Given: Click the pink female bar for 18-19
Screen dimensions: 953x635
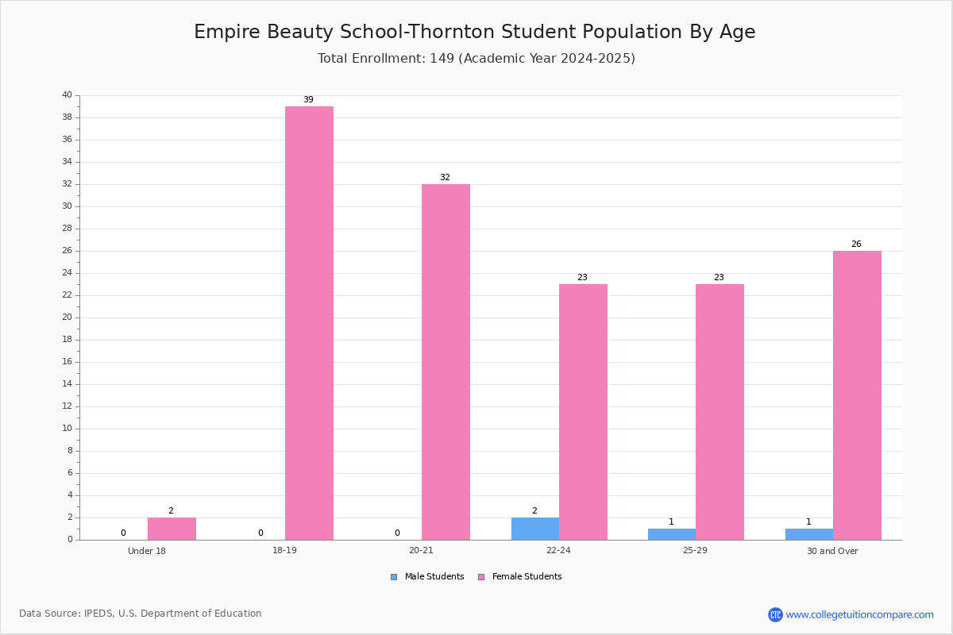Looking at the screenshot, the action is tap(309, 323).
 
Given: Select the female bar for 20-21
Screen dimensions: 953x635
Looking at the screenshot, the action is tap(446, 362).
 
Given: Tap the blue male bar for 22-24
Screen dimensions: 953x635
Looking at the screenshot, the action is tap(535, 529).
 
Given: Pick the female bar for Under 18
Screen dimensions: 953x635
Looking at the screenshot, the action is tap(172, 529).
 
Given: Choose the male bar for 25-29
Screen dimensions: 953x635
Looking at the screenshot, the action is tap(672, 534).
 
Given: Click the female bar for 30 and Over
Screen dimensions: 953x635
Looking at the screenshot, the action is tap(857, 395).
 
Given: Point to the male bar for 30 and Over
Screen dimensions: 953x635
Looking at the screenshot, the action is tap(809, 534).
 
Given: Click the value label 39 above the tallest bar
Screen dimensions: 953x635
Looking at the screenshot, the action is tap(308, 99).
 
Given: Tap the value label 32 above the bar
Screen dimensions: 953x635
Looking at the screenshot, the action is tap(445, 177).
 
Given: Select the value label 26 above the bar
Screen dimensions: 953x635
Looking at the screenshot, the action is tap(856, 244).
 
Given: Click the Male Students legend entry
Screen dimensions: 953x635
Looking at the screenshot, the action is tap(427, 577).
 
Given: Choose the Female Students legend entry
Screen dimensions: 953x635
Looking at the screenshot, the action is tap(520, 577).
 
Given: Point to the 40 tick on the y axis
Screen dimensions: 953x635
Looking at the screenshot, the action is tap(68, 94).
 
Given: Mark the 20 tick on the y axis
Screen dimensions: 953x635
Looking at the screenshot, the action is tap(68, 317).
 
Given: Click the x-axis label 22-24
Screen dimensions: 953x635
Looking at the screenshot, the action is tap(558, 550).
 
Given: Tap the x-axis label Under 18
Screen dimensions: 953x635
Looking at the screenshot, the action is tap(147, 551).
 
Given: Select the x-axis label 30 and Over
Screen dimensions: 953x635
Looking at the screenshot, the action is tap(832, 551).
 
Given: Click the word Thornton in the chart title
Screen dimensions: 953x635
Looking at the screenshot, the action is tap(453, 32).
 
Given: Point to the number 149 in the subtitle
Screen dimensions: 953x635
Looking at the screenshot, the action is tap(442, 58).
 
